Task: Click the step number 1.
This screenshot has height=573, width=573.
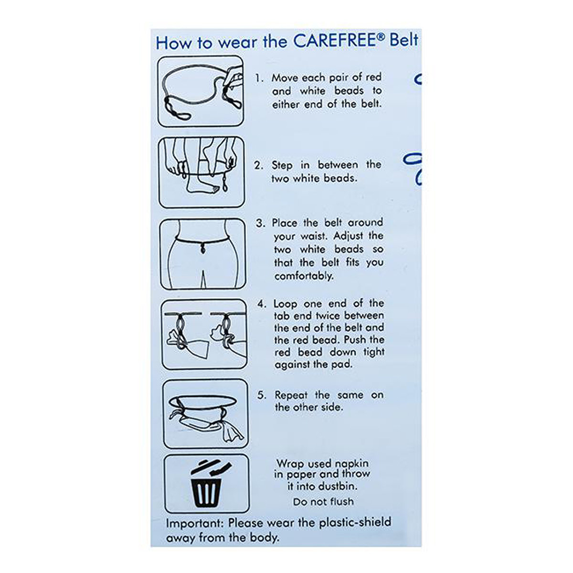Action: tap(258, 78)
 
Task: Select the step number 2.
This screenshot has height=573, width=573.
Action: tap(258, 166)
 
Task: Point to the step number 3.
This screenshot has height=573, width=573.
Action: tap(260, 223)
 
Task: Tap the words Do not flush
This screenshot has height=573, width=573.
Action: tap(323, 502)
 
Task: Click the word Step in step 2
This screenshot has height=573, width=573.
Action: tap(282, 165)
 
